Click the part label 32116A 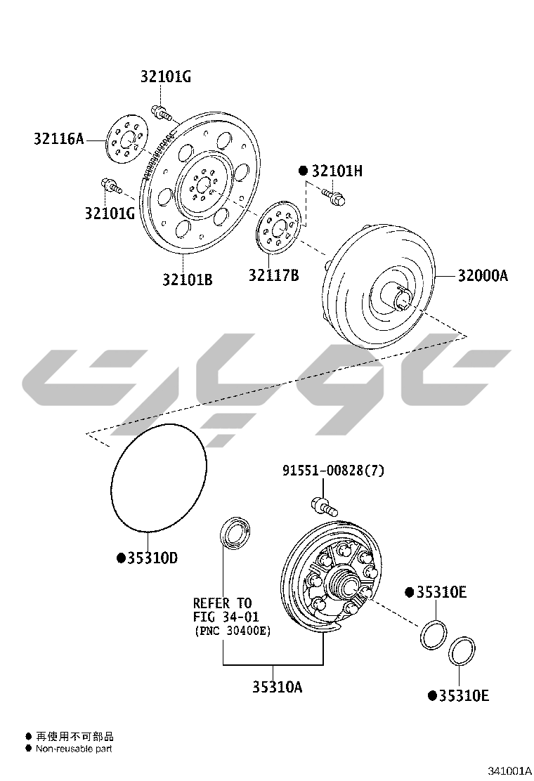coord(59,138)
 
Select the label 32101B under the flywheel coord(188,280)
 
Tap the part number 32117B coord(274,275)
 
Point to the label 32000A coord(483,275)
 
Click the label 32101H coord(337,171)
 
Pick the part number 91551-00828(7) coord(334,470)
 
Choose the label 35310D coord(152,558)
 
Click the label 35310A coord(278,687)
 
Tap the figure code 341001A coord(509,771)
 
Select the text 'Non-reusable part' coord(74,749)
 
